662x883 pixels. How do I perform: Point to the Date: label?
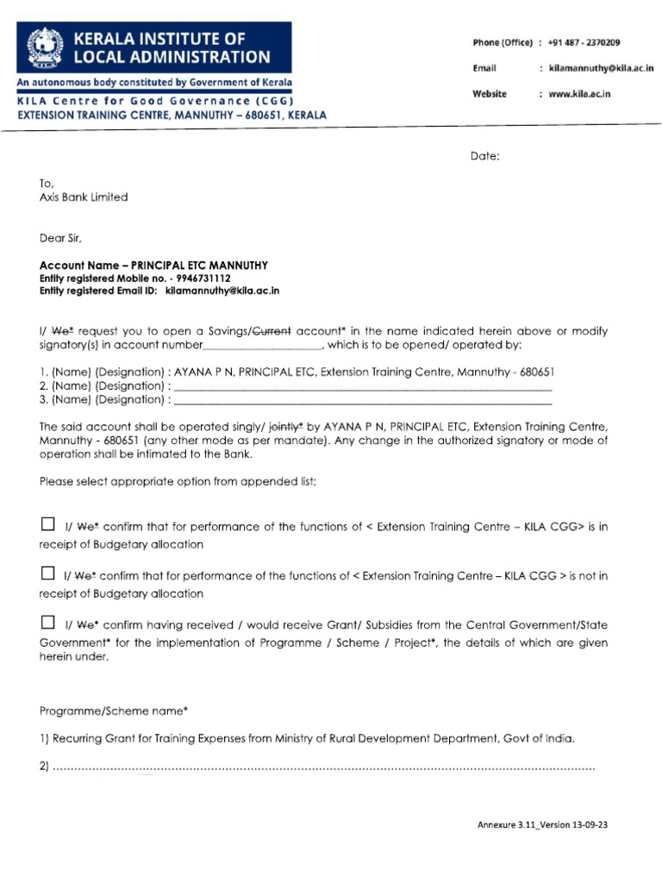point(484,156)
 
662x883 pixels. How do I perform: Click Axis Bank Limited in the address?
point(84,197)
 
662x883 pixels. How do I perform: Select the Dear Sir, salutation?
point(61,237)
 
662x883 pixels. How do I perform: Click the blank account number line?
point(263,345)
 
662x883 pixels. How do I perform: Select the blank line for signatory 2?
point(362,386)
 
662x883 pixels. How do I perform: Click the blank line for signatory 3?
point(362,400)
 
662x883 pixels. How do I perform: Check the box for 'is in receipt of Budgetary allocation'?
point(47,524)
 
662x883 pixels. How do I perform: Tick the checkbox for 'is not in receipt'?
point(47,573)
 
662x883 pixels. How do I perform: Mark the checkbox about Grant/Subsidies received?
point(47,623)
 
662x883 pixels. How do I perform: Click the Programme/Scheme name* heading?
point(114,711)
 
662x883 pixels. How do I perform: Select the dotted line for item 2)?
point(323,767)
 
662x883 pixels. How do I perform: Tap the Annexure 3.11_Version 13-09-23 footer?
point(542,824)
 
